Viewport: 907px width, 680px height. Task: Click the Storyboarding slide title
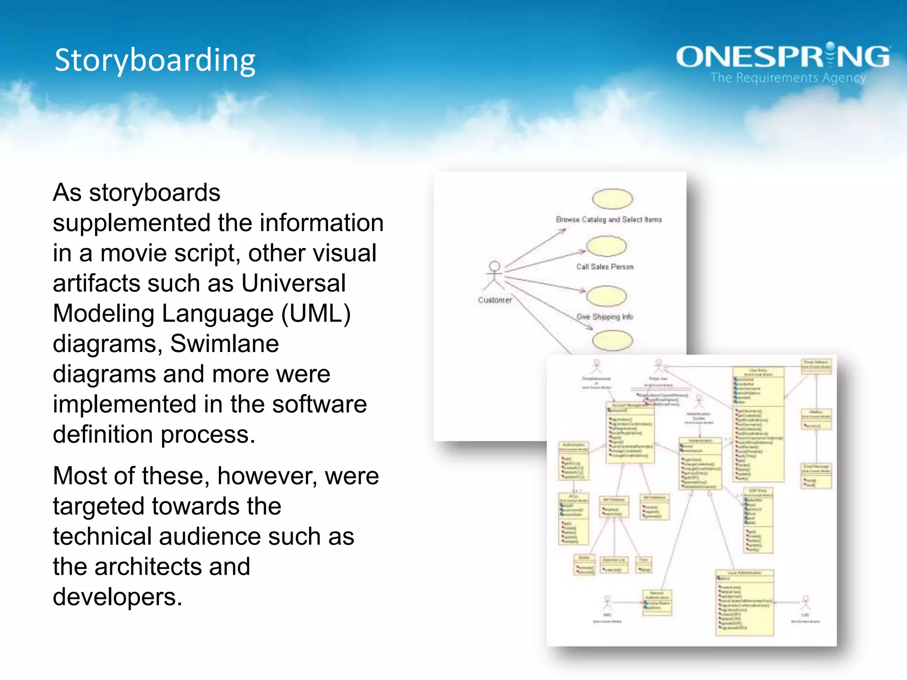click(x=155, y=60)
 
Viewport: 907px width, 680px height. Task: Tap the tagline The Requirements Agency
click(x=788, y=78)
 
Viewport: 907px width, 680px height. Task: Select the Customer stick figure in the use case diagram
click(x=494, y=275)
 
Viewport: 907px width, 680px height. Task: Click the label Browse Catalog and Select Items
click(x=609, y=220)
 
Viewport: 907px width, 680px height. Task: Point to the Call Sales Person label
click(x=605, y=267)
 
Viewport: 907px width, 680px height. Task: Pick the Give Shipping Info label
click(x=605, y=317)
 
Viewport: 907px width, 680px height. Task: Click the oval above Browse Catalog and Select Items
click(x=612, y=199)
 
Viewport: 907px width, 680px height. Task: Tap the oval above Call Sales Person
click(x=606, y=246)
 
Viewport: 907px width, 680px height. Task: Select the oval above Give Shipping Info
click(x=606, y=296)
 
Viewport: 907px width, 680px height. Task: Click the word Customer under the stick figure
click(x=495, y=300)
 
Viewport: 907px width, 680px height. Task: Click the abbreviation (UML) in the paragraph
click(x=316, y=313)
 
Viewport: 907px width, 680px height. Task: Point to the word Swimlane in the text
click(x=225, y=344)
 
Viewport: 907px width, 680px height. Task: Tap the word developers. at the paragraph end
click(x=117, y=597)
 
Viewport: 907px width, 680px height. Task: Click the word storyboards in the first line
click(x=155, y=193)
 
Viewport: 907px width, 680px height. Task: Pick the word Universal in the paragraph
click(x=293, y=283)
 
